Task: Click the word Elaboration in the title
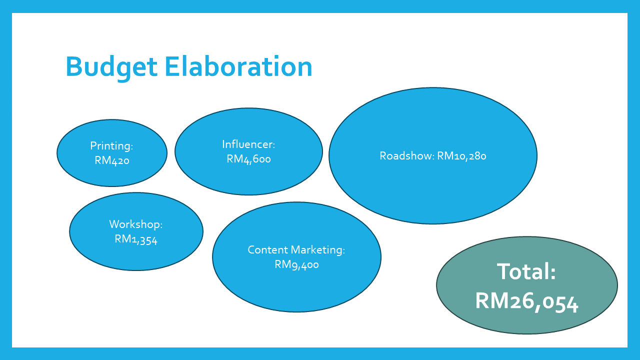[238, 66]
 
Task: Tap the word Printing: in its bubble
[111, 146]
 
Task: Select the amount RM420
[112, 160]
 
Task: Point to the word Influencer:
[248, 144]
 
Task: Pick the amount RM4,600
[248, 159]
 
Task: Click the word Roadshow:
[407, 155]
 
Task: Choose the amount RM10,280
[461, 156]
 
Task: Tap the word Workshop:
[136, 224]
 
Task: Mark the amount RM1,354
[136, 239]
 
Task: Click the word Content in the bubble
[267, 249]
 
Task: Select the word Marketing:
[318, 250]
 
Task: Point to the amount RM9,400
[296, 264]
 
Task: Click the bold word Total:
[526, 271]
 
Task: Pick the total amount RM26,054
[527, 301]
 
